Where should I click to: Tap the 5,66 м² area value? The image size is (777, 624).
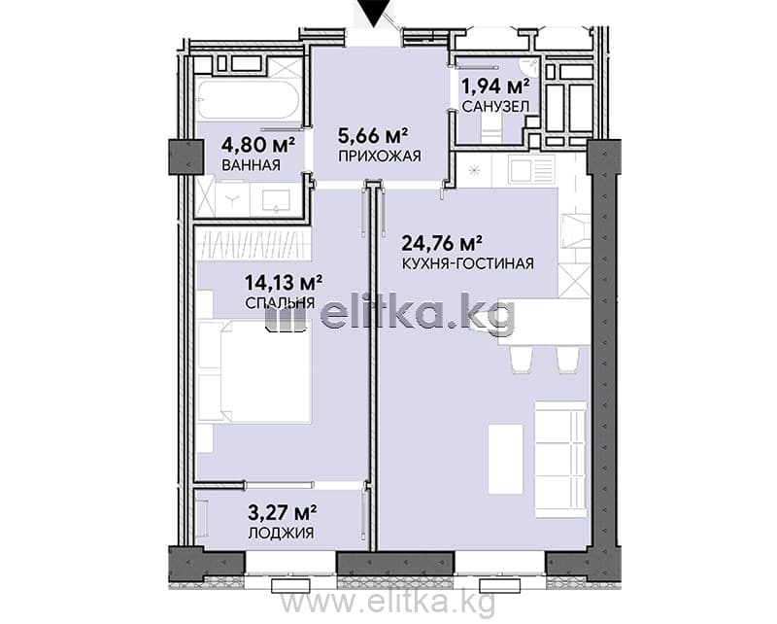click(x=373, y=135)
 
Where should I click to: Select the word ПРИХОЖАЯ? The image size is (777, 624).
click(x=380, y=156)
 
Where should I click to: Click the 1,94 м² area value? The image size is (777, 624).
click(x=494, y=87)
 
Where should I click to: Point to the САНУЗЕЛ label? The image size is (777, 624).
click(x=495, y=106)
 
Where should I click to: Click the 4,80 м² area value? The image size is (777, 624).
click(x=258, y=145)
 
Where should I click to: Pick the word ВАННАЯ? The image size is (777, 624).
click(x=252, y=165)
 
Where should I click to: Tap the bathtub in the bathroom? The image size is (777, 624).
click(x=248, y=100)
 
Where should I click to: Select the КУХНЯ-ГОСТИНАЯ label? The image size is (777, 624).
click(x=468, y=263)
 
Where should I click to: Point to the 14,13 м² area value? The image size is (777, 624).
click(x=284, y=283)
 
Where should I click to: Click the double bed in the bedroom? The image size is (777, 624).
click(x=253, y=371)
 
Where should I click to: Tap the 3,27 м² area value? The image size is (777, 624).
click(x=283, y=512)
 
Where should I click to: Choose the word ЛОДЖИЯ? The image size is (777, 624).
click(x=281, y=534)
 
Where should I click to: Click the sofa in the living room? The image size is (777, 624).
click(x=561, y=460)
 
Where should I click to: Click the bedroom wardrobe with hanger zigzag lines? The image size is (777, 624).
click(x=253, y=244)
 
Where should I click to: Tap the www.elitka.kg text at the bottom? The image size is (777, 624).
click(x=388, y=605)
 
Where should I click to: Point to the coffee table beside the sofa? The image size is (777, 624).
click(x=506, y=460)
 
